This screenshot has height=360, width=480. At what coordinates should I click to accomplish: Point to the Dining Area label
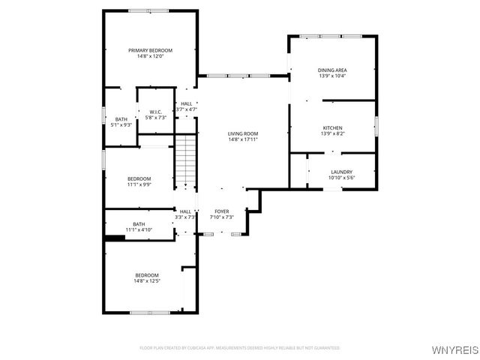[x=332, y=70]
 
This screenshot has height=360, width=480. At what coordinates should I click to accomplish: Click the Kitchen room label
[x=332, y=127]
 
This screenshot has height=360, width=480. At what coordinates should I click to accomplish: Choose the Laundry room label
[x=341, y=172]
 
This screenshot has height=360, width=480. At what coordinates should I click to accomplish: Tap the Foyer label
[x=222, y=211]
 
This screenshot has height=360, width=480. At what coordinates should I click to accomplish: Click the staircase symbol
[x=185, y=160]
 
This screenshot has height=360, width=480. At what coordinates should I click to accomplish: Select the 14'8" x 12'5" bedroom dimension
[x=147, y=281]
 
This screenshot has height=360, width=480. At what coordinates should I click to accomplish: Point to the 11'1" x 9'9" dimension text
[x=139, y=184]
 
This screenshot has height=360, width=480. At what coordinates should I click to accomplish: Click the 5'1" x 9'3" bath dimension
[x=121, y=125]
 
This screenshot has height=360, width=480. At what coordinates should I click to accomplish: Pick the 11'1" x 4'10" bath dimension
[x=139, y=229]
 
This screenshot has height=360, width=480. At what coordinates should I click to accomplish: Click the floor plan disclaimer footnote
[x=240, y=348]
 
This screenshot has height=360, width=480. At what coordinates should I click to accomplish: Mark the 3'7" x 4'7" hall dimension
[x=186, y=109]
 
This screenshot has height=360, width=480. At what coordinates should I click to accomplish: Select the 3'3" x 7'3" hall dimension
[x=184, y=217]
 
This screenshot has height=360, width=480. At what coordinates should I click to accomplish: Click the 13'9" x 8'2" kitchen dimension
[x=332, y=133]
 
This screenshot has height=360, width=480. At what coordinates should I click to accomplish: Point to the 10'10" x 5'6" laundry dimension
[x=341, y=178]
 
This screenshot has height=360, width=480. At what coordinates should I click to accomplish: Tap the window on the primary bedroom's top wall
[x=148, y=10]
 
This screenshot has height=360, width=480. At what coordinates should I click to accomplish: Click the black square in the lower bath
[x=114, y=238]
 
